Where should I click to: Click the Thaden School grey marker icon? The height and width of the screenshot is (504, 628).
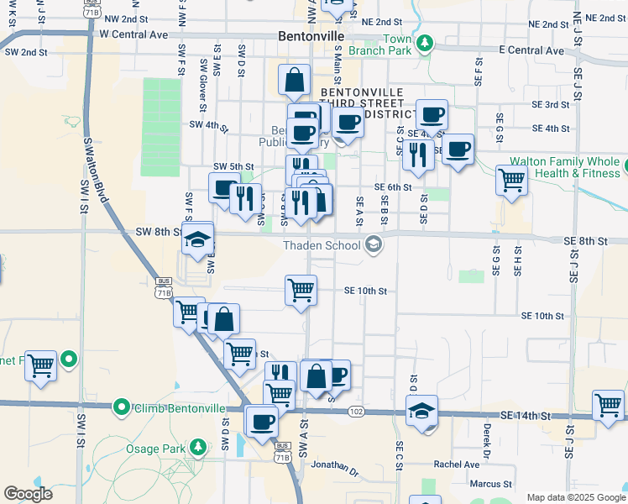[374, 244]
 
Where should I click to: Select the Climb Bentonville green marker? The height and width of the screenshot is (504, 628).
[122, 408]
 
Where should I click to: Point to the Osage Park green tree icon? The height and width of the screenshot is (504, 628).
[199, 445]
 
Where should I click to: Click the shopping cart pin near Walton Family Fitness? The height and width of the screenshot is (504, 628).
[511, 179]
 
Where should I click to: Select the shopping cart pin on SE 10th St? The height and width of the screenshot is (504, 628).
[301, 291]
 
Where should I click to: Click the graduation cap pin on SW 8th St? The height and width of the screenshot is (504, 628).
[197, 239]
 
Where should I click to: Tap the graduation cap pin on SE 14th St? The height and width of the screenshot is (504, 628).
[421, 411]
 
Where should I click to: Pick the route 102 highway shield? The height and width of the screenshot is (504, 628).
[357, 411]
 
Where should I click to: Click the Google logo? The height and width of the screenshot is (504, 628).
[29, 494]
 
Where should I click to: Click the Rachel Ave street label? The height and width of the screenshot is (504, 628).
[456, 464]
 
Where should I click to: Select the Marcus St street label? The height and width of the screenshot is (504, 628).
[490, 484]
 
